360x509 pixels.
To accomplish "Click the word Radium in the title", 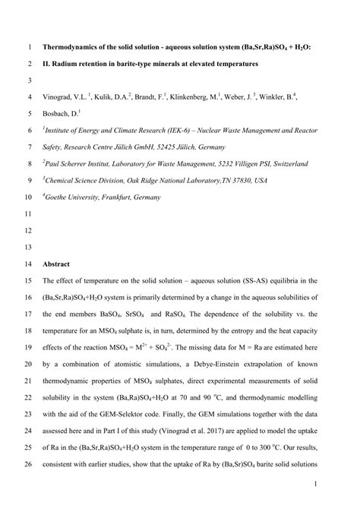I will click(x=83, y=65).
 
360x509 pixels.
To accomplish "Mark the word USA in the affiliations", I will click(x=261, y=180).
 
